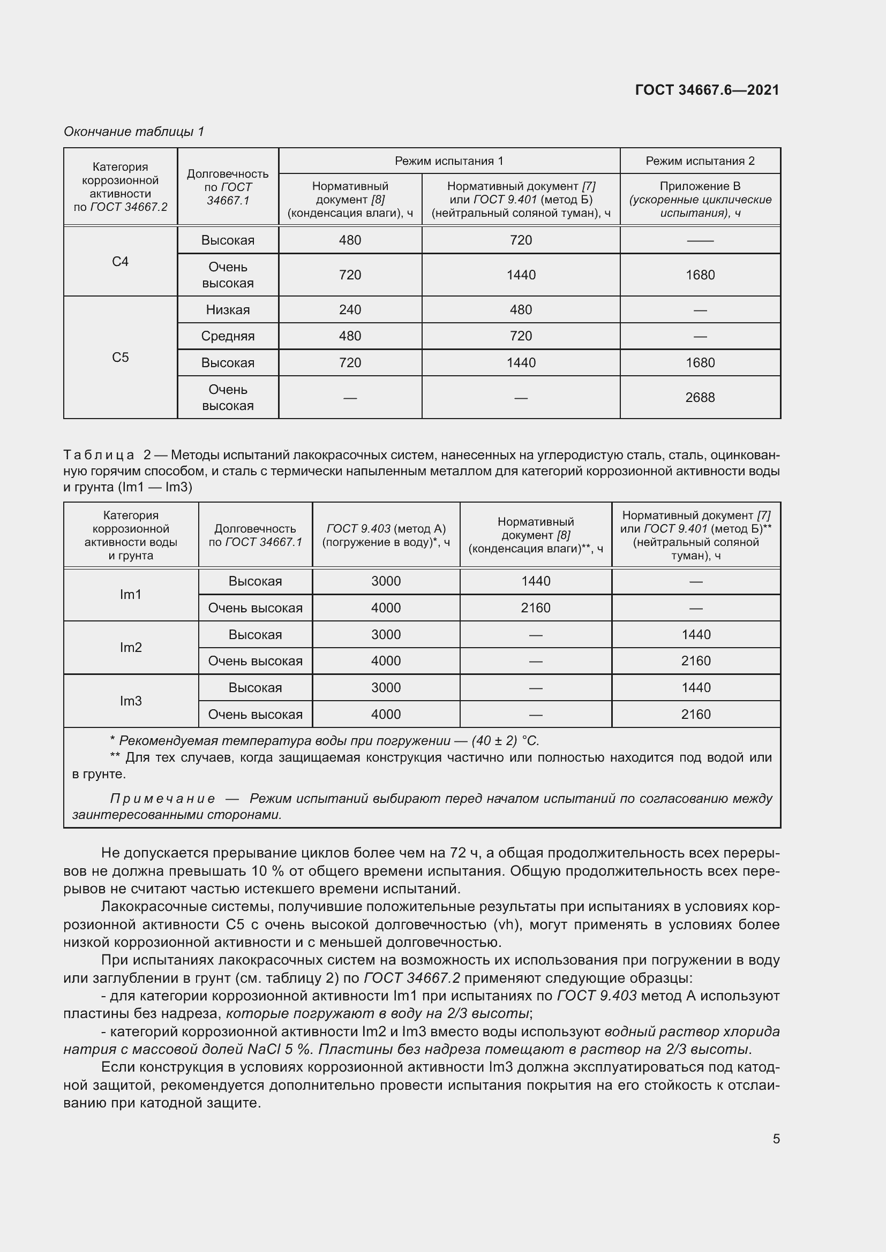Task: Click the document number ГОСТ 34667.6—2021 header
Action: tap(707, 90)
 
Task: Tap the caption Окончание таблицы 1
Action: tap(134, 132)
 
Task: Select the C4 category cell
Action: tap(120, 262)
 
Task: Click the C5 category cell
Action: tap(120, 358)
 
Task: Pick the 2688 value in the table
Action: tap(700, 398)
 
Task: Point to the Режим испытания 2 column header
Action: tap(700, 161)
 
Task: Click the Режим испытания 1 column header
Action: tap(448, 161)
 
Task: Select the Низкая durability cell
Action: tap(228, 310)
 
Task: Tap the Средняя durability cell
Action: tap(228, 336)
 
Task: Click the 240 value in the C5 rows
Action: tap(350, 310)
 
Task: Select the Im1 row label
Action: tap(131, 594)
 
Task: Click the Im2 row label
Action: tap(131, 647)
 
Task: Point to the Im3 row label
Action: tap(131, 701)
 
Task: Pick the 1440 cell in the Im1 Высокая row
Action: tap(535, 581)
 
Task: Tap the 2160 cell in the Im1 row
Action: tap(535, 608)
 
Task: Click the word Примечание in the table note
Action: tap(162, 799)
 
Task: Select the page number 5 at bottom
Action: tap(776, 1139)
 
